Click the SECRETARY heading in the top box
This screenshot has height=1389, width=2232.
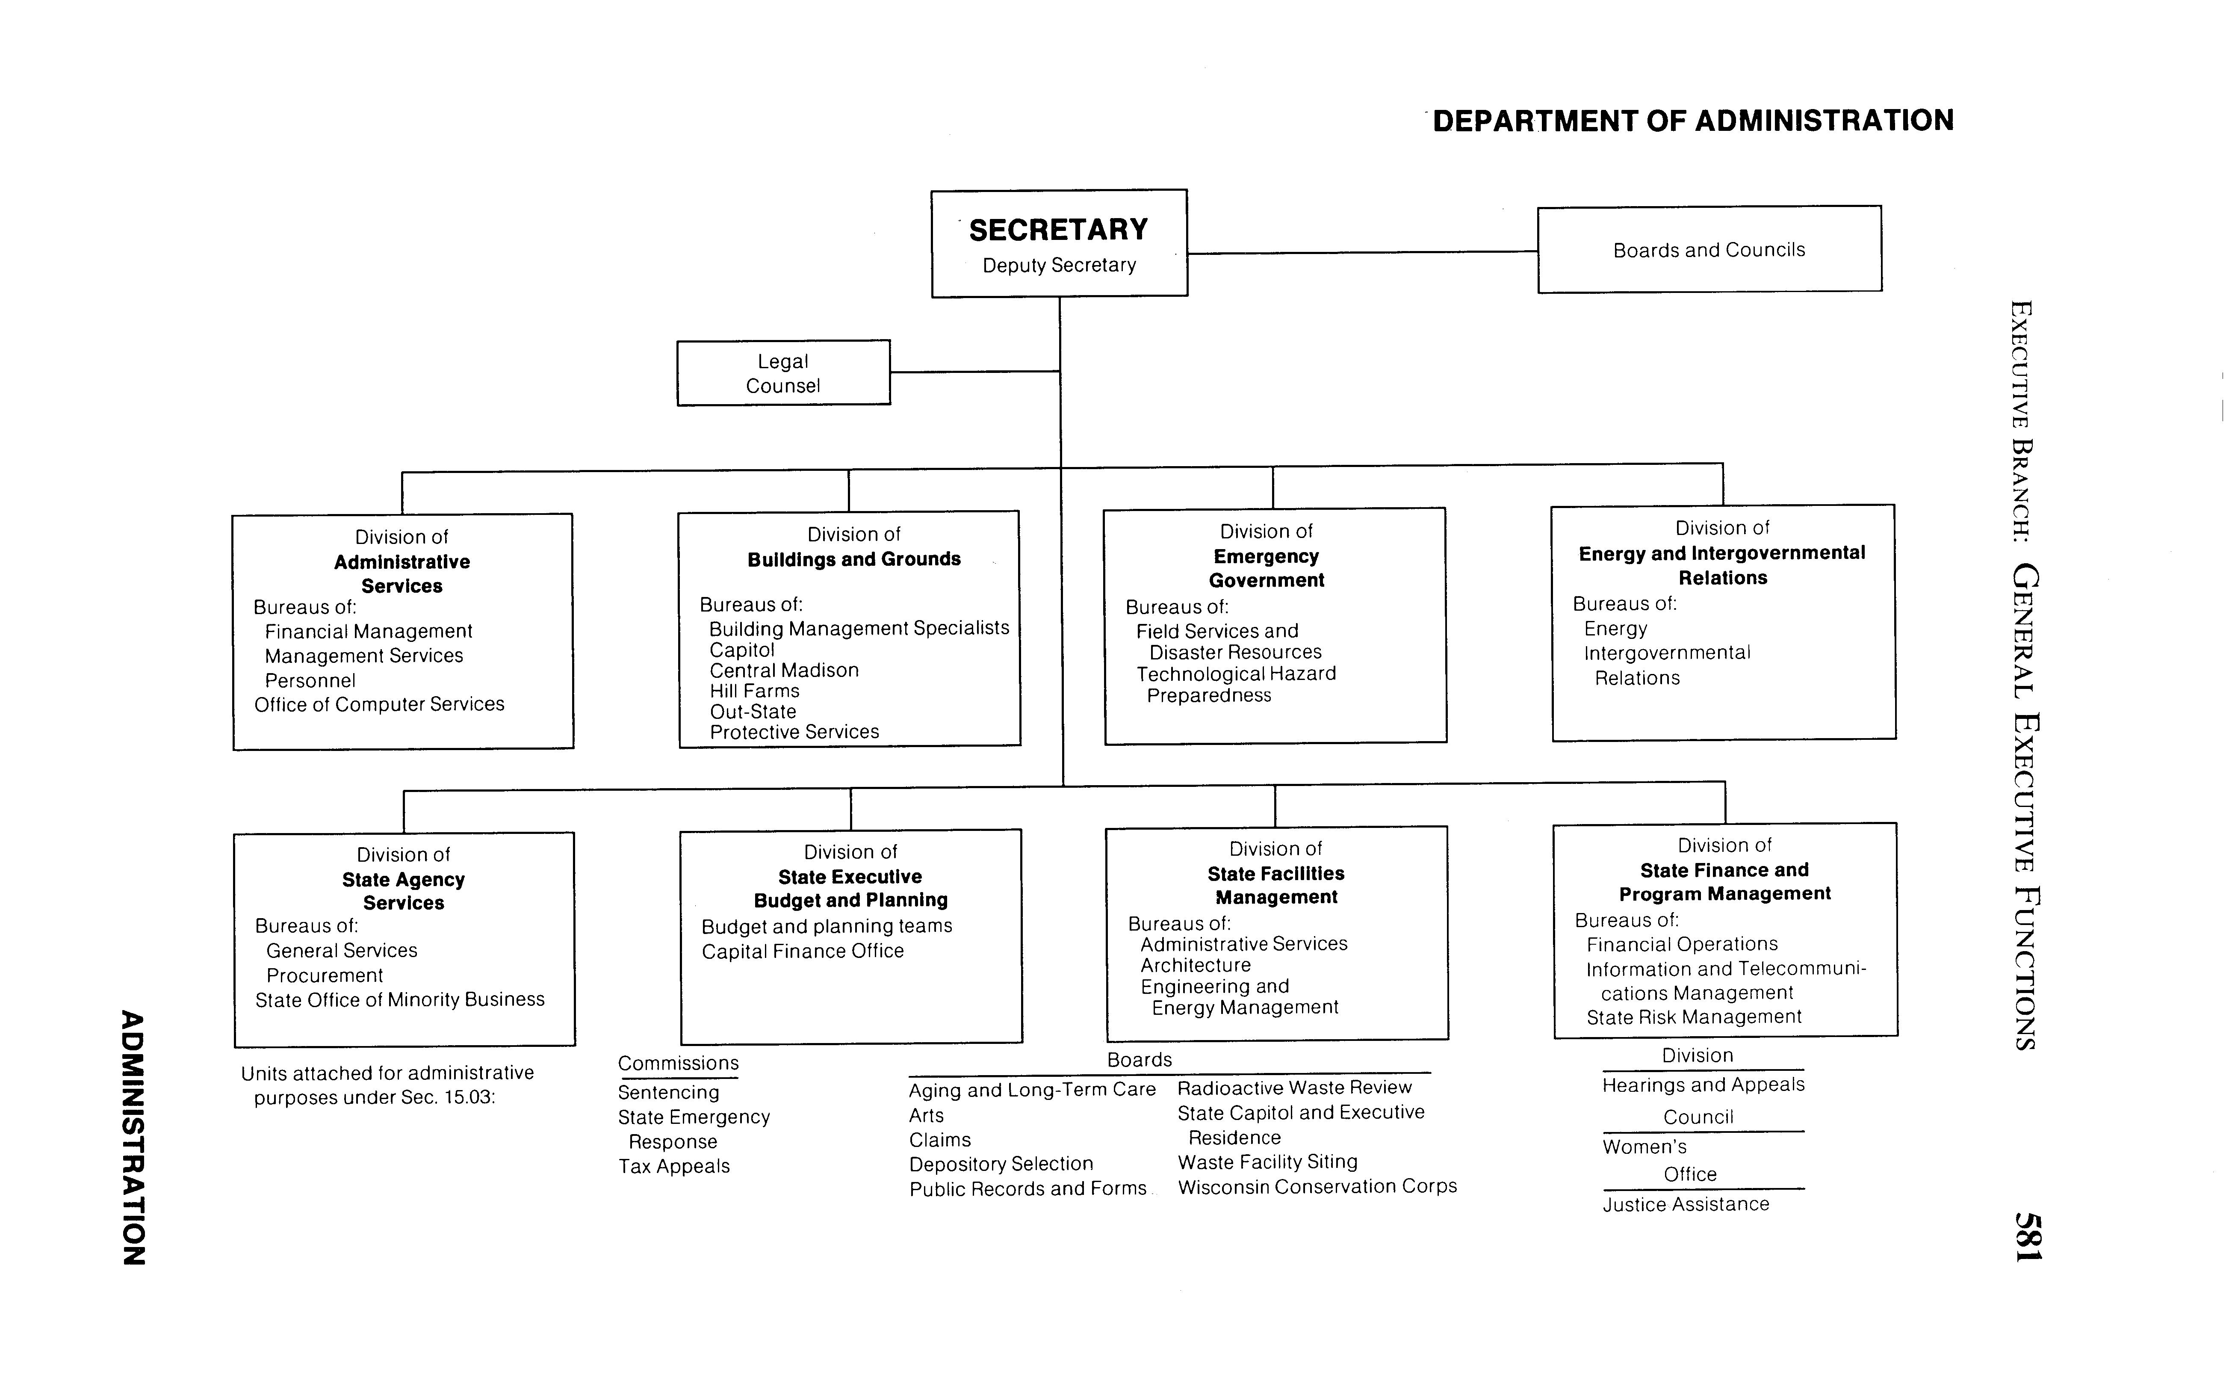(x=1058, y=230)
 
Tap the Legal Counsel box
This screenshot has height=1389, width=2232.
(x=782, y=373)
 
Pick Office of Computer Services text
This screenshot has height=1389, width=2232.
(x=379, y=705)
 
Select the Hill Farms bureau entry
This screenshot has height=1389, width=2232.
(x=754, y=691)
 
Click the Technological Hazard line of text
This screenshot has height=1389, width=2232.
(x=1235, y=674)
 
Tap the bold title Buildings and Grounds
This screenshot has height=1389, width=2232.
(x=853, y=559)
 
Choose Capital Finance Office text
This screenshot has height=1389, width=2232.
(x=802, y=952)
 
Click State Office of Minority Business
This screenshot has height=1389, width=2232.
(x=399, y=999)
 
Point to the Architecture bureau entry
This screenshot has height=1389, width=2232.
(x=1195, y=966)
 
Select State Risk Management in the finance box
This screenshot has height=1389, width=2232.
(x=1693, y=1017)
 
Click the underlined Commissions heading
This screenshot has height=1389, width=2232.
(x=678, y=1064)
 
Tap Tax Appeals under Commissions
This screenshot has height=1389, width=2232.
(x=673, y=1167)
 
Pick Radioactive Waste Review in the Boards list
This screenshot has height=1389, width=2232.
(x=1294, y=1088)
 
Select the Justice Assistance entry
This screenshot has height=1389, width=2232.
(x=1686, y=1204)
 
